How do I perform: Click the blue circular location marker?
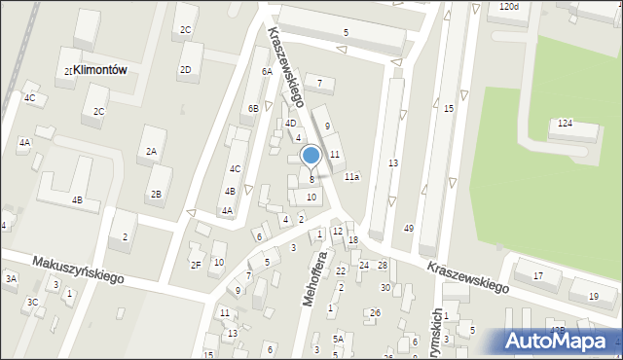[x=311, y=155]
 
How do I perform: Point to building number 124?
[x=565, y=124]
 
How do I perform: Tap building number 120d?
[x=507, y=7]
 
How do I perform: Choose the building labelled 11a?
[x=351, y=177]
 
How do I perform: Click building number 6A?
[x=266, y=71]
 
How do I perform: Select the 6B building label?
[x=252, y=108]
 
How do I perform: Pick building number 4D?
[x=290, y=124]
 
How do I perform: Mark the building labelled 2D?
[x=185, y=69]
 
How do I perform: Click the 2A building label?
[x=151, y=152]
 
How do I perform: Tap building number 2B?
[x=156, y=194]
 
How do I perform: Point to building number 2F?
[x=196, y=265]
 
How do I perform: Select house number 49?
[x=409, y=228]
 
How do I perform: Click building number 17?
[x=538, y=276]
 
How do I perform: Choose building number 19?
[x=593, y=296]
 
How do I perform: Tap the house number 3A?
[x=11, y=278]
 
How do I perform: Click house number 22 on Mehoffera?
[x=341, y=270]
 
